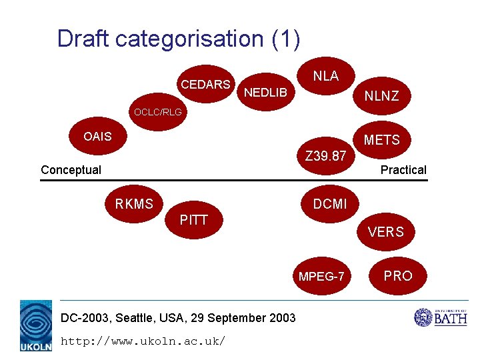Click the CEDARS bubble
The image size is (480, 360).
coord(205,84)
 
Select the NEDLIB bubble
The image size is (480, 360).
coord(265,91)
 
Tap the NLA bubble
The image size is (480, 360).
coord(326,75)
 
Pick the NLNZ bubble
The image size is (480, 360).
coord(381,96)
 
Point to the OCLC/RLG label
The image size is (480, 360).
coord(157,112)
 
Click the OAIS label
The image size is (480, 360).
coord(97,137)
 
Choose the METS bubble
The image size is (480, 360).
coord(381,140)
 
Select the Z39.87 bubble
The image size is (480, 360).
coord(325,157)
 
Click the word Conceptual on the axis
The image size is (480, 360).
coord(71,170)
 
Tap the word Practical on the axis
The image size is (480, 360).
coord(403,170)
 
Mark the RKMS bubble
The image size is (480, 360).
coord(134,204)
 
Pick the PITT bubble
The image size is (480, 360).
coord(194,220)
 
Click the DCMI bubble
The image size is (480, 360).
coord(330,204)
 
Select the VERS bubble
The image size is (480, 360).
coord(385,232)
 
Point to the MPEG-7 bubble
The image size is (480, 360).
coord(322,276)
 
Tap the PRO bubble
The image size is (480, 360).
coord(398,275)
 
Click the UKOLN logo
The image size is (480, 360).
coord(36,325)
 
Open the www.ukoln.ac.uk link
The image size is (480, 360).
coord(143,341)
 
